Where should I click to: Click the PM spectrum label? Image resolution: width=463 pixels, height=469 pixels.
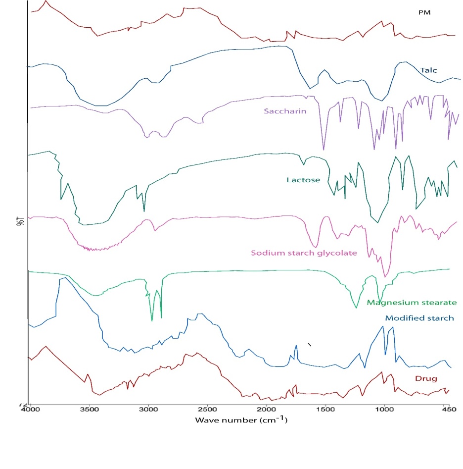click(424, 13)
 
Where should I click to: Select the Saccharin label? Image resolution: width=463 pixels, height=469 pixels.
click(285, 111)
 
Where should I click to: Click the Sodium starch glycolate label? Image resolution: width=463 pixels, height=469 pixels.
click(304, 253)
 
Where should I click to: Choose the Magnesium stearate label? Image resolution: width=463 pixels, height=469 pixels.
click(412, 303)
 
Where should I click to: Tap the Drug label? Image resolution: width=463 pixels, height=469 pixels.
click(426, 379)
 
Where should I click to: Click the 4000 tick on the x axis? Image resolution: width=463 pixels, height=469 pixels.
click(31, 411)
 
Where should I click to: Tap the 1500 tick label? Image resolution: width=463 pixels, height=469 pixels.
click(325, 411)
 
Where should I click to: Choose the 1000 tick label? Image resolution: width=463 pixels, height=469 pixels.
click(384, 411)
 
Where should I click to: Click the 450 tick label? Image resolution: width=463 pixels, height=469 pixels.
click(448, 411)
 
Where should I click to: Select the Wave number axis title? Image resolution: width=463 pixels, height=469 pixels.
click(241, 420)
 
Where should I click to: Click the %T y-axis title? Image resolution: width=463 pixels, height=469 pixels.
click(20, 220)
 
